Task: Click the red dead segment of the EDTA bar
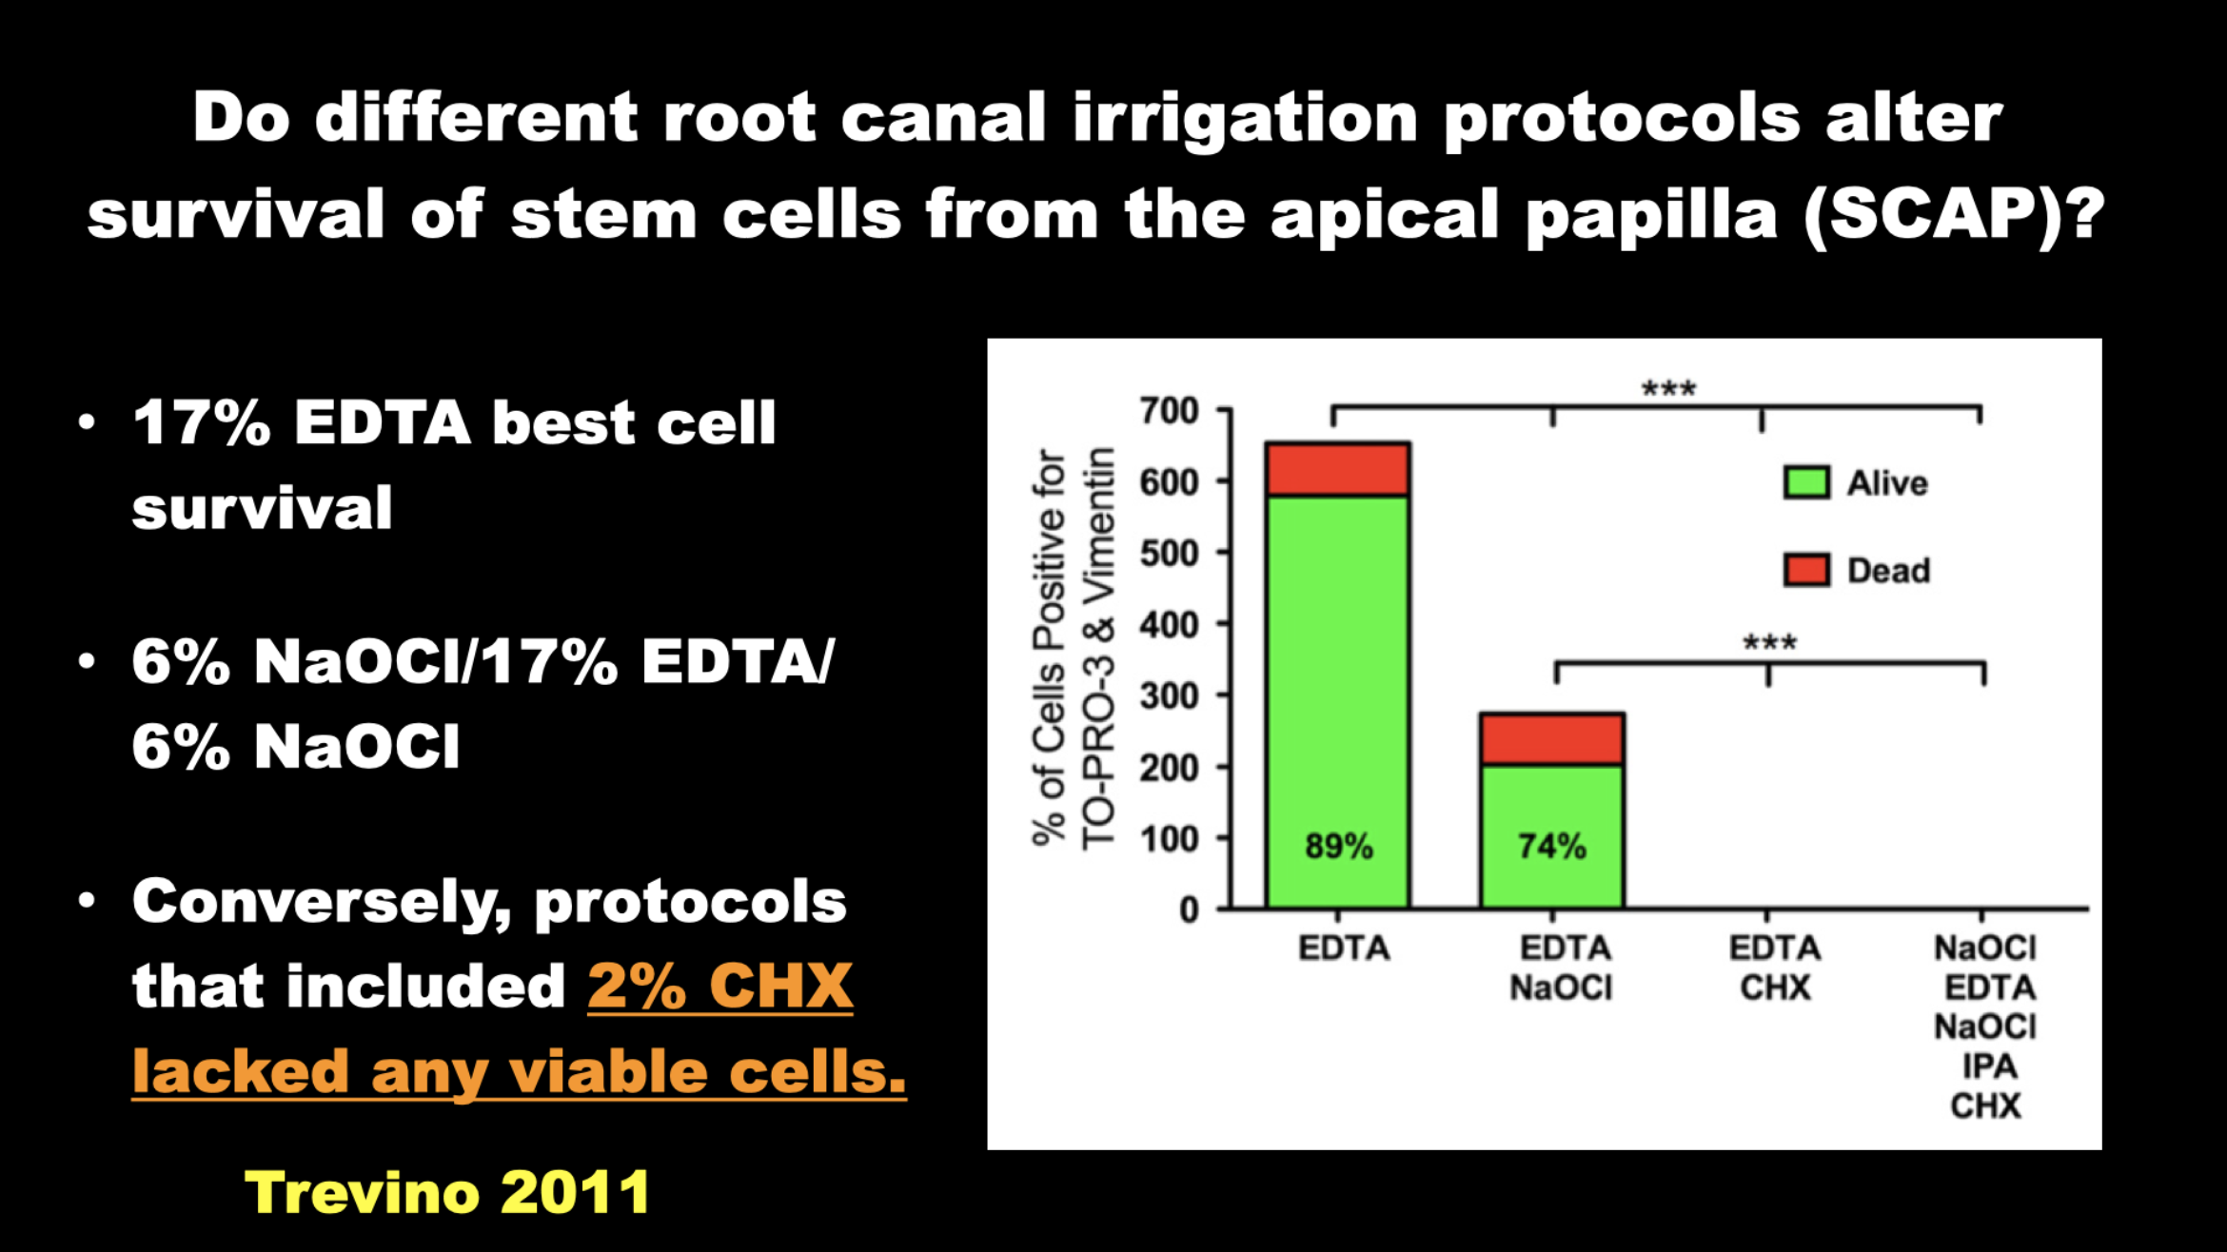[1338, 469]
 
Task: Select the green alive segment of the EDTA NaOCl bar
[1552, 836]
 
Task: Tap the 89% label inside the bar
[1338, 846]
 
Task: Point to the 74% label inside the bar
[1552, 846]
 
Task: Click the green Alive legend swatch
[1806, 482]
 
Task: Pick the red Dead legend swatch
[1806, 570]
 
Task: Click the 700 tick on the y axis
[1170, 411]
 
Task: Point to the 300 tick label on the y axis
[1170, 695]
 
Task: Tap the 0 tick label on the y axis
[1189, 910]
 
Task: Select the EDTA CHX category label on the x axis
[1775, 968]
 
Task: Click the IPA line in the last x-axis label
[1989, 1066]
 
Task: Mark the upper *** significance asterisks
[1668, 388]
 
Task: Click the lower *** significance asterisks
[1769, 642]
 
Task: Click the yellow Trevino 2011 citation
[447, 1192]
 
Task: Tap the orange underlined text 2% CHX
[720, 986]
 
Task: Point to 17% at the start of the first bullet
[202, 422]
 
